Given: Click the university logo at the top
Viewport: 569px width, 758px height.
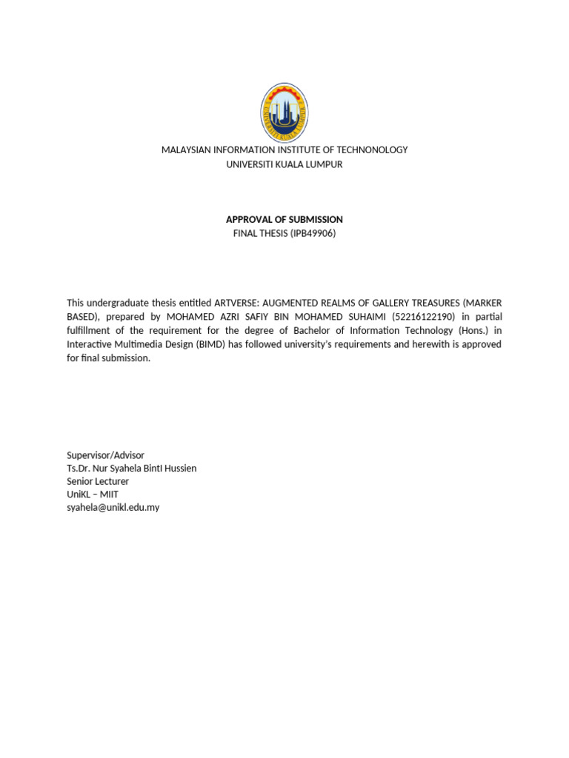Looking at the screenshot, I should pos(284,113).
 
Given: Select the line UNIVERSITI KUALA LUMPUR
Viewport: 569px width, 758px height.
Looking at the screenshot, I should pos(284,164).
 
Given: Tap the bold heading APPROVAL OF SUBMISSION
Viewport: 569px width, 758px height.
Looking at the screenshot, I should pos(284,219).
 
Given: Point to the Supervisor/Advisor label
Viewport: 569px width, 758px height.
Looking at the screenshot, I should pos(105,455).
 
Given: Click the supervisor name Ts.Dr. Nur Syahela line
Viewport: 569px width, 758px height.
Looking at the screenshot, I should pos(131,468).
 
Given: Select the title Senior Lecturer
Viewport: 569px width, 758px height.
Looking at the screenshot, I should pos(97,481).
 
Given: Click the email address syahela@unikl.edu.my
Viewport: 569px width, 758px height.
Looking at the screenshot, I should pos(113,508).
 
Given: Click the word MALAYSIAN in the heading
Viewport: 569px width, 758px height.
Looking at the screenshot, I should pos(187,150).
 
